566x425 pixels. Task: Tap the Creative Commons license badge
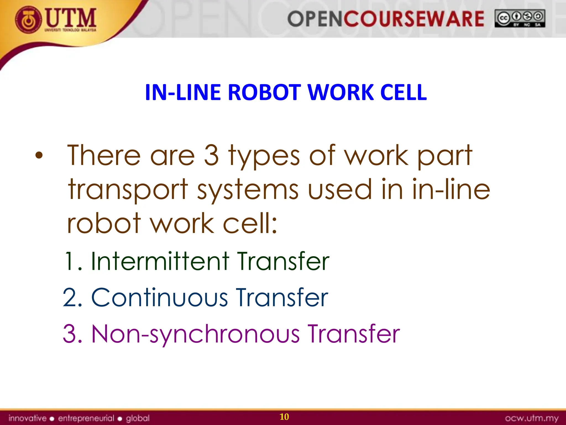[520, 18]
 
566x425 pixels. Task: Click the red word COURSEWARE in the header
[413, 19]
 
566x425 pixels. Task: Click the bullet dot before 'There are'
[39, 156]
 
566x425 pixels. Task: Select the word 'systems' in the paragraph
[248, 190]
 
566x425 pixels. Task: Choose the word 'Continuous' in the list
[159, 297]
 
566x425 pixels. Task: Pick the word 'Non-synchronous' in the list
[195, 334]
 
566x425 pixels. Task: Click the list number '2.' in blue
[72, 298]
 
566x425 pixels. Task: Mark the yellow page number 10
[284, 417]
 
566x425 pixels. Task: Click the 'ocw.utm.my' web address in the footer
[532, 418]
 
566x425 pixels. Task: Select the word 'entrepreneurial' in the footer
[86, 418]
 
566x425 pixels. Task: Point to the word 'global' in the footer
[138, 418]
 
